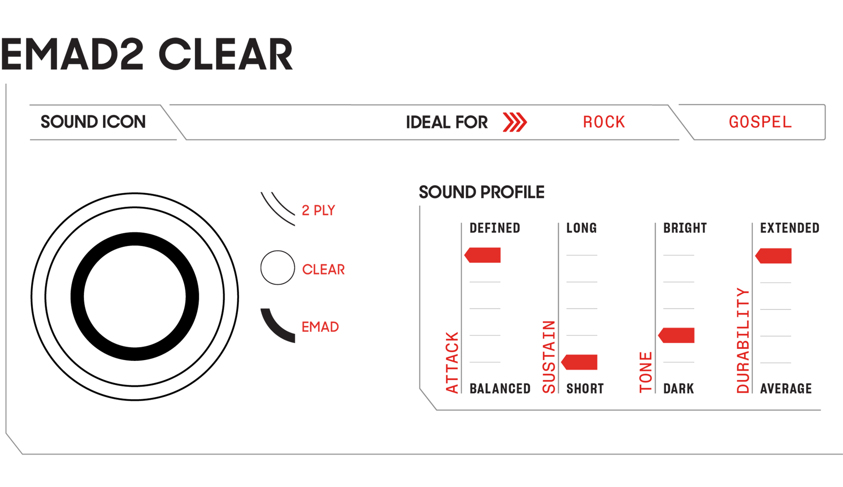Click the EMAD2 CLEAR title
click(x=146, y=55)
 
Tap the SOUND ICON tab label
click(x=93, y=122)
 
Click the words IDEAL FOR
click(x=447, y=123)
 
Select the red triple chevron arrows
click(x=514, y=122)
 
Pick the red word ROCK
click(x=604, y=122)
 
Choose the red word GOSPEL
click(x=760, y=122)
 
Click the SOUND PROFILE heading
click(x=481, y=192)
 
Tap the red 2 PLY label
click(x=319, y=211)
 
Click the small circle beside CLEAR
click(x=278, y=268)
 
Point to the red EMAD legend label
click(x=321, y=327)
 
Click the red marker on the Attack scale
click(x=483, y=255)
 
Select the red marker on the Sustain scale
click(x=580, y=362)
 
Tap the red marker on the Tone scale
click(x=677, y=335)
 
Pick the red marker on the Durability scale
click(x=774, y=256)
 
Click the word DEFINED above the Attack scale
click(x=495, y=228)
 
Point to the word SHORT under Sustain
click(x=585, y=389)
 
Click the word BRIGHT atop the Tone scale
click(x=685, y=228)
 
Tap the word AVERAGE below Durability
click(x=786, y=389)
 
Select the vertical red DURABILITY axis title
click(x=743, y=341)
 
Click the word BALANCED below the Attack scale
click(x=500, y=389)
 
